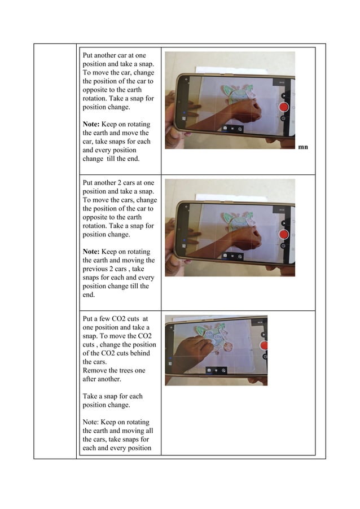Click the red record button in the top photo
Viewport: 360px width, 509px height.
click(x=284, y=107)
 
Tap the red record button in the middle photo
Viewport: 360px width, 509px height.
click(x=284, y=234)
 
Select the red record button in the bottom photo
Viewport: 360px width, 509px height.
click(x=264, y=345)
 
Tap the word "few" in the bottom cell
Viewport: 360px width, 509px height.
click(x=103, y=319)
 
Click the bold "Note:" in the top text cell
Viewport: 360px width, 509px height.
click(x=93, y=124)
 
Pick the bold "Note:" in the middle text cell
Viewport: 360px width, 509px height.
click(x=93, y=252)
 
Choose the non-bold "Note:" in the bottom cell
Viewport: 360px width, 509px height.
click(x=91, y=422)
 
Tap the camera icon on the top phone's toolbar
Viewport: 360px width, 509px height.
click(x=225, y=129)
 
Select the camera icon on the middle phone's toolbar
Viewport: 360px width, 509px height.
click(x=225, y=256)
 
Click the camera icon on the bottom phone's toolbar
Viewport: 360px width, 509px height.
click(x=209, y=370)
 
